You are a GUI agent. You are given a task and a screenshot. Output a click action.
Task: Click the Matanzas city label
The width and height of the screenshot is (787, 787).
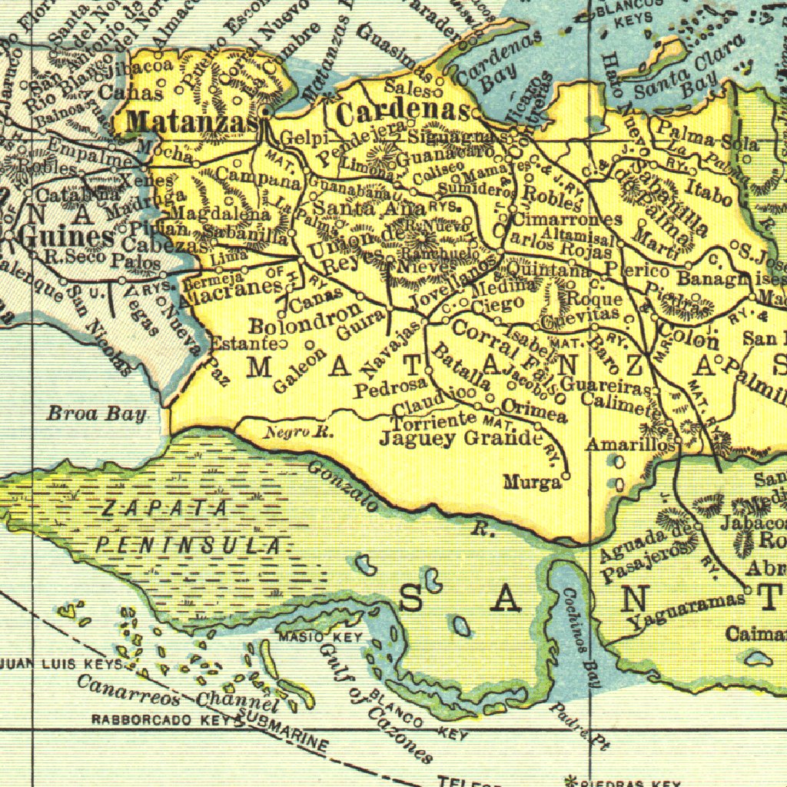tap(191, 121)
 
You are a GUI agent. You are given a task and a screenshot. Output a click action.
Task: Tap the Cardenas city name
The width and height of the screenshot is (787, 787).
tap(403, 112)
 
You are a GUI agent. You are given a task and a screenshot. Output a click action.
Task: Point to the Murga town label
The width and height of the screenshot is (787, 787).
tap(532, 483)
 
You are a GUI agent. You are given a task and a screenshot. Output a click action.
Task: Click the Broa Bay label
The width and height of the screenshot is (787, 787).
tap(97, 414)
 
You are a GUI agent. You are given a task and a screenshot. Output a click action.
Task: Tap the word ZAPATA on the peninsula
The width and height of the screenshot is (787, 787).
tap(165, 508)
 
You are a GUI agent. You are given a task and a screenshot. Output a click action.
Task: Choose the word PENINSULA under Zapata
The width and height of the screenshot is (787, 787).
tap(189, 546)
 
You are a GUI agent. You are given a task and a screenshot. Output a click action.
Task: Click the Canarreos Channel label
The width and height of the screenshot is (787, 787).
tap(177, 692)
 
